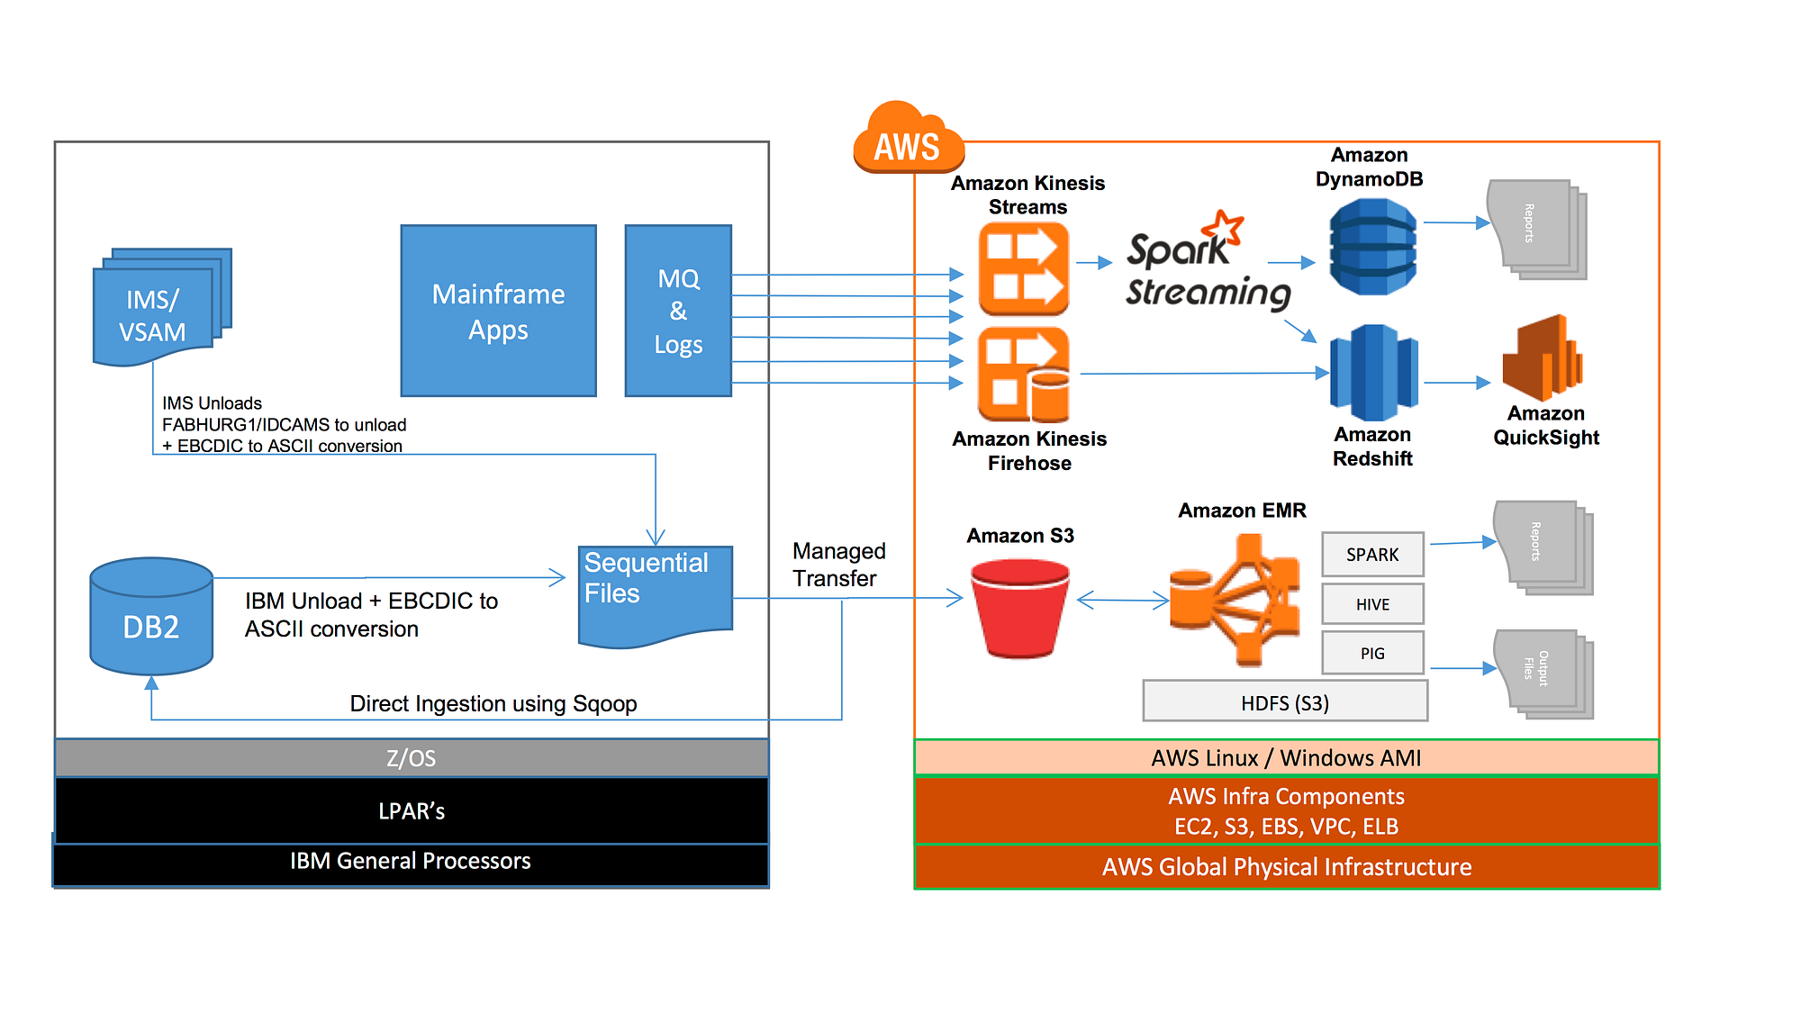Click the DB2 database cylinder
[151, 617]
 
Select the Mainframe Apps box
[498, 311]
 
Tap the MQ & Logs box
[678, 311]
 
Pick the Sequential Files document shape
[655, 594]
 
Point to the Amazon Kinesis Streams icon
[1024, 269]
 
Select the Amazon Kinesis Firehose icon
[1024, 375]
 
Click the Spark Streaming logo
[1207, 263]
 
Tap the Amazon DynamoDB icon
[1372, 247]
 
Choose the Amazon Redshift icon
[1373, 373]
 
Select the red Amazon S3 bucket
[1020, 608]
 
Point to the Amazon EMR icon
[1235, 600]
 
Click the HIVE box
[1372, 604]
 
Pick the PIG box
[1372, 653]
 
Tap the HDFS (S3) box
[1285, 701]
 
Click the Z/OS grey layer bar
[412, 758]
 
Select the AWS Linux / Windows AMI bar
[1286, 757]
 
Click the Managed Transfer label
[838, 565]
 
